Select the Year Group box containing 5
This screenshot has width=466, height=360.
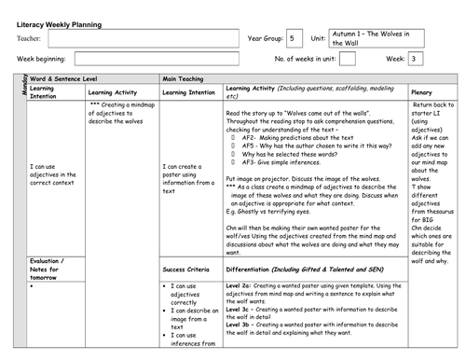tap(294, 38)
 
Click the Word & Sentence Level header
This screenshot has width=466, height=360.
tap(67, 80)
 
